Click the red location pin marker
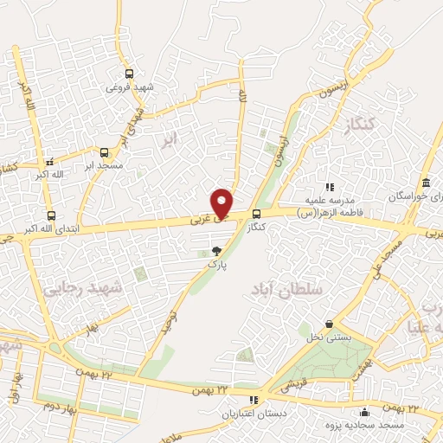[222, 202]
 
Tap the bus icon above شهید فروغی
[129, 74]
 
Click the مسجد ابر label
[105, 164]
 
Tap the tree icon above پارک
[215, 251]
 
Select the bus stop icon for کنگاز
[256, 215]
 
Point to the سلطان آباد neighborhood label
[287, 290]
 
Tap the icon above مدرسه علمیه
[329, 186]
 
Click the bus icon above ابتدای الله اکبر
[51, 216]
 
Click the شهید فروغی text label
[129, 87]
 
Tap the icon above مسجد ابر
[104, 151]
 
